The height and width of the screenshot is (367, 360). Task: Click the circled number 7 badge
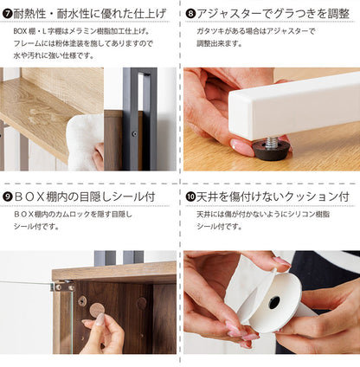(8, 13)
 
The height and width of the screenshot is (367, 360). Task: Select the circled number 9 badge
(8, 196)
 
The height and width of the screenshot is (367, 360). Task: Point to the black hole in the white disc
(274, 302)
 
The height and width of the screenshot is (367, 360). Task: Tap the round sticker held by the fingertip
(97, 309)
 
